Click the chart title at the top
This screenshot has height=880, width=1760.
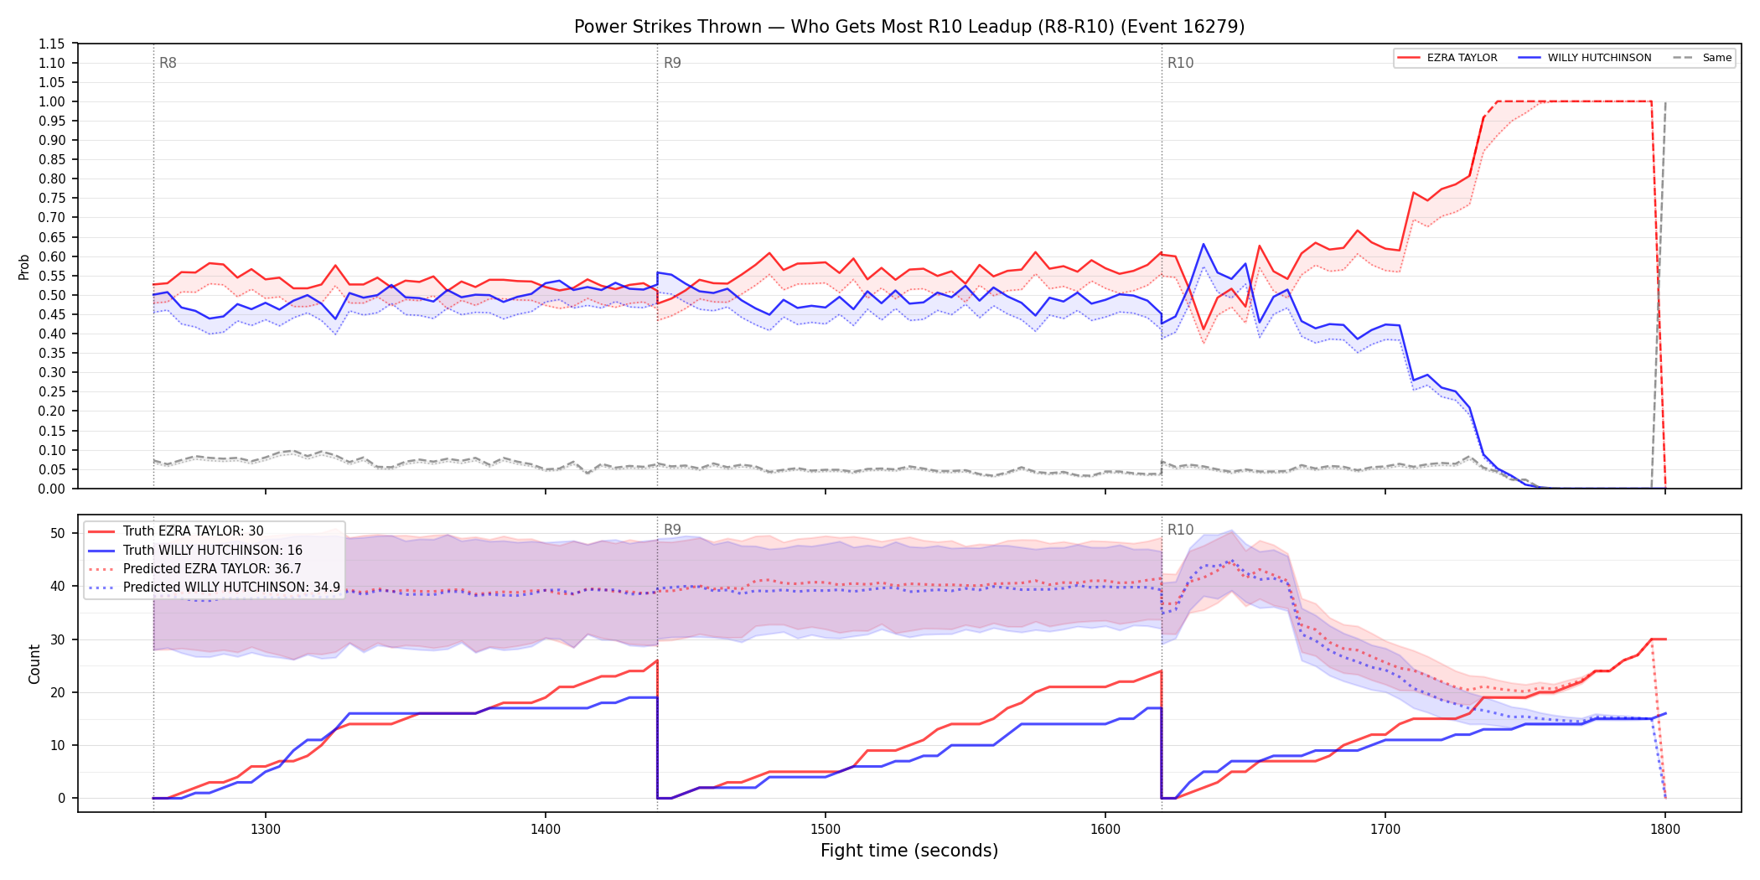(x=909, y=27)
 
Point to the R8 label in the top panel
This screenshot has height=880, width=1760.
(x=168, y=63)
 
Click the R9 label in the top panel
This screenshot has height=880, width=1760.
(x=672, y=63)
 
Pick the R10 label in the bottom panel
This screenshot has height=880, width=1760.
(x=1180, y=530)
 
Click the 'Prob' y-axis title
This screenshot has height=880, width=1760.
(x=24, y=267)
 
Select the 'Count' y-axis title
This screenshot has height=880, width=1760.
(x=34, y=664)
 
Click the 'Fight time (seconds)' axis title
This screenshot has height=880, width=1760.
(x=909, y=851)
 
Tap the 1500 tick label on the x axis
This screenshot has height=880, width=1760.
(x=826, y=829)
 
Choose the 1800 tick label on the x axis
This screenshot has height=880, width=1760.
(x=1665, y=829)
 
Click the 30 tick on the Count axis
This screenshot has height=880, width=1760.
(x=58, y=639)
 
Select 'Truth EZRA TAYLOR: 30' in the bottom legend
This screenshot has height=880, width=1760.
(x=193, y=531)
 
